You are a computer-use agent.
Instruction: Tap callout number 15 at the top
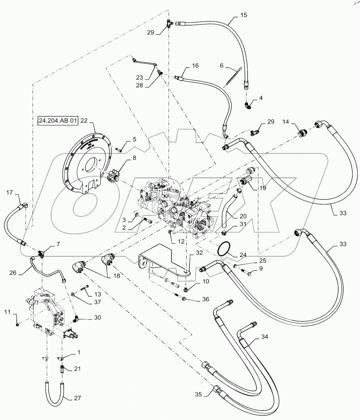(243, 15)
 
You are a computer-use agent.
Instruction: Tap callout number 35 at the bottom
(199, 395)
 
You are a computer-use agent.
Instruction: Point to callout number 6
(221, 66)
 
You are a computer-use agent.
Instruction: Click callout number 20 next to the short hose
(243, 216)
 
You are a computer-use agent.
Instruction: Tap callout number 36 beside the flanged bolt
(205, 299)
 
